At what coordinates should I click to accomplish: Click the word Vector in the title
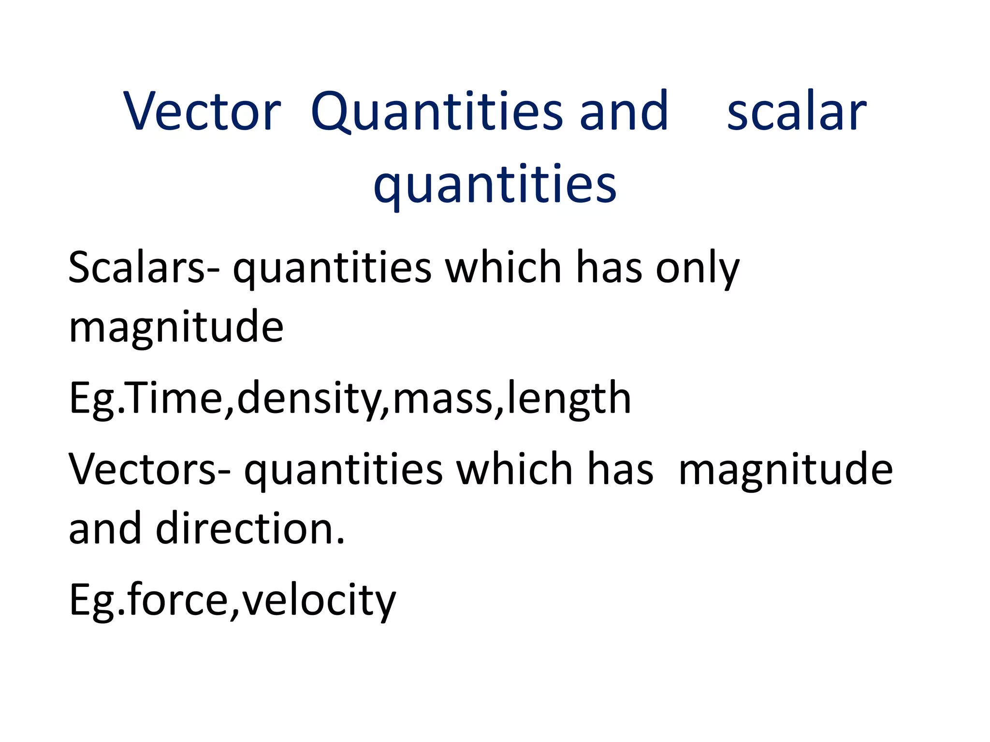click(x=202, y=112)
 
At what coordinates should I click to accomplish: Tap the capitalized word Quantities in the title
click(x=437, y=112)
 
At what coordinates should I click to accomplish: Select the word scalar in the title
click(x=796, y=112)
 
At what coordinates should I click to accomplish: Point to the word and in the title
click(x=624, y=112)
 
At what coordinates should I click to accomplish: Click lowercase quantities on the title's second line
click(x=495, y=185)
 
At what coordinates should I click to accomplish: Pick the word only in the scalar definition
click(x=697, y=269)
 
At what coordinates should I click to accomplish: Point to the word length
click(x=569, y=399)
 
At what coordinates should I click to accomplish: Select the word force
click(x=177, y=599)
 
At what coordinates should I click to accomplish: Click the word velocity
click(x=319, y=600)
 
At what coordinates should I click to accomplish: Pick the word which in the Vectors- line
click(x=515, y=469)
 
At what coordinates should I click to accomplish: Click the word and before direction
click(x=105, y=528)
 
